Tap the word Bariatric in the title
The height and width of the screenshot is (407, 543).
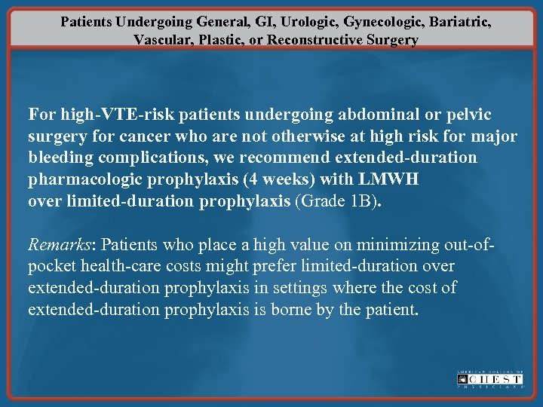pos(459,22)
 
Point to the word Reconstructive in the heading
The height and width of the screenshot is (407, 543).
pos(321,40)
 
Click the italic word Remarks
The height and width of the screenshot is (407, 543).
pos(59,245)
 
